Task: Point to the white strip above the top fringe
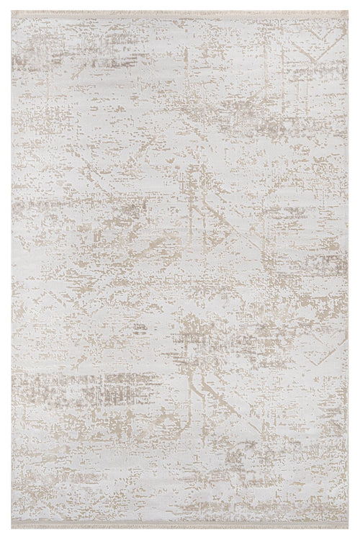180,4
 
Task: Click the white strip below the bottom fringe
180,537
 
